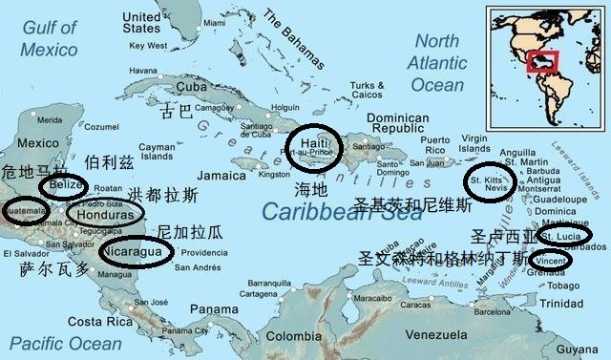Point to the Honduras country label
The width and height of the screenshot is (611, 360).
point(104,216)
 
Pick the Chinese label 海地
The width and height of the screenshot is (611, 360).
point(311,189)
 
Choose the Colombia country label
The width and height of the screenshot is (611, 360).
point(292,336)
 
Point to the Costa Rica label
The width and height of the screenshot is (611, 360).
point(98,321)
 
